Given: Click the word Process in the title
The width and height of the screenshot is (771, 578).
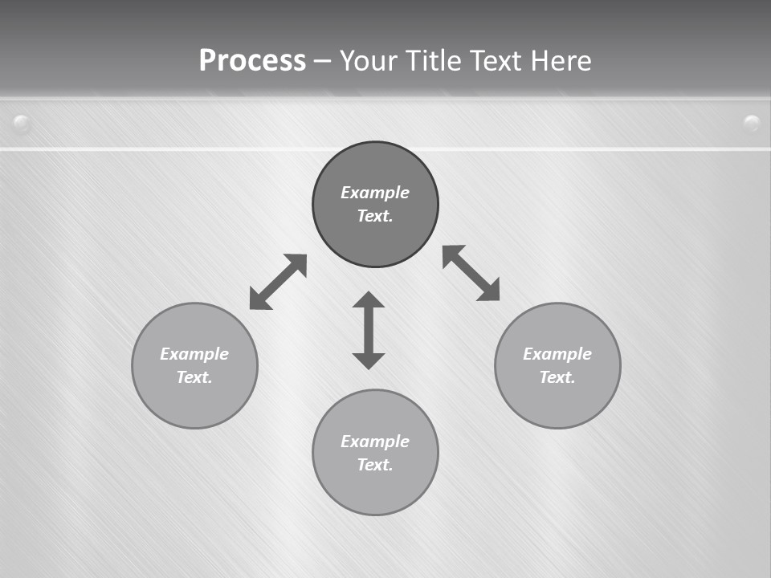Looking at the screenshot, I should (252, 61).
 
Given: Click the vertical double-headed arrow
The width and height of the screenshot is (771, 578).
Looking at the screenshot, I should (369, 331).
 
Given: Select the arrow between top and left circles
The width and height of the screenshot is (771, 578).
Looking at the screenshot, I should (279, 282).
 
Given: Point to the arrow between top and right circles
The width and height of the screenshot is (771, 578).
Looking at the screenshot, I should (471, 273).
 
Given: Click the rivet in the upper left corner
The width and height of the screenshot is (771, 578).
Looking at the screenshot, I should (22, 124).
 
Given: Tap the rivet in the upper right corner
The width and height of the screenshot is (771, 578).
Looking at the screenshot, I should (752, 123).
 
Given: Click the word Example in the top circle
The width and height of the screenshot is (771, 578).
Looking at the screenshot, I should (375, 193).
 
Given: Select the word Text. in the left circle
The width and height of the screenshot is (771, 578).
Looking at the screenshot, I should (194, 377).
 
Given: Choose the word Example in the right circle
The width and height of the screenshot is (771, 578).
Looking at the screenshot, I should (557, 354).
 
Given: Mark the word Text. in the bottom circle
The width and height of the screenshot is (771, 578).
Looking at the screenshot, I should (375, 465).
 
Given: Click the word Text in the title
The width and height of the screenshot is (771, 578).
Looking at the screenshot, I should (496, 61).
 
